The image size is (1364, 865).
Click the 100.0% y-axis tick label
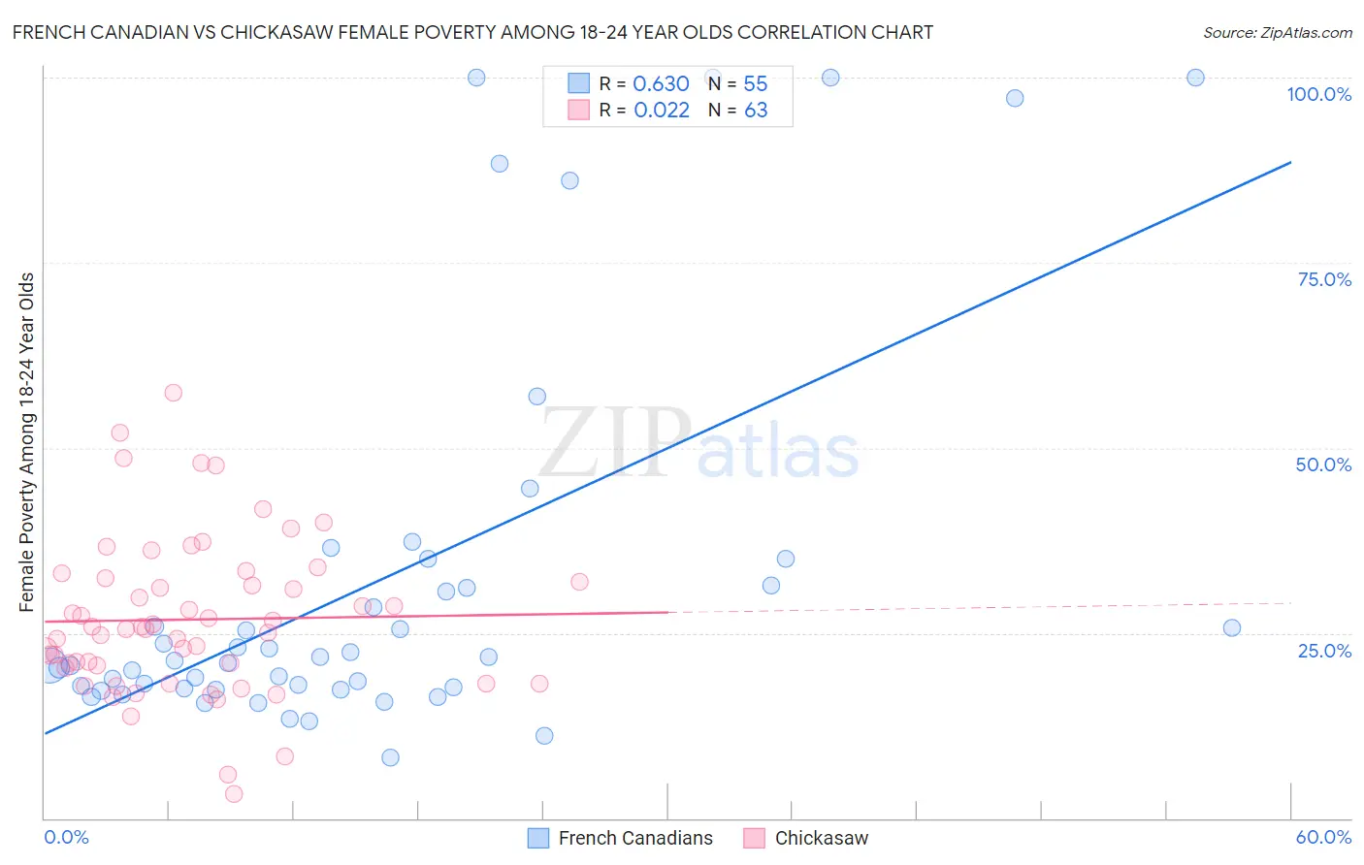1318,94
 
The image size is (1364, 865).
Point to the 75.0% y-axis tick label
1324,279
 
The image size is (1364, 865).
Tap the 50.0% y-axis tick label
1323,465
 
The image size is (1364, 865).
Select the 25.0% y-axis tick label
1324,650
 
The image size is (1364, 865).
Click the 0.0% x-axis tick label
66,837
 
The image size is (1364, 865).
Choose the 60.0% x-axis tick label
1323,837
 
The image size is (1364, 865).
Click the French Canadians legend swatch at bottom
538,838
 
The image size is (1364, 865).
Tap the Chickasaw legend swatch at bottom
755,838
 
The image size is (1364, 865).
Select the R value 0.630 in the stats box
661,83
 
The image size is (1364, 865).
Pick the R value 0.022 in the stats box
662,110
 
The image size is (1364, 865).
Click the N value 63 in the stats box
756,110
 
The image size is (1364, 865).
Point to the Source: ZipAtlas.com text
1277,32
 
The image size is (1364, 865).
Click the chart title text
472,32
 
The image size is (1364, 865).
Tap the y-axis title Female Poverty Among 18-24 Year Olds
26,442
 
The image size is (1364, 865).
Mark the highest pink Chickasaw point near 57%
174,393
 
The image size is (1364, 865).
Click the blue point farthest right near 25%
1232,627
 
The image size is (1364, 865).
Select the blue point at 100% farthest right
1195,78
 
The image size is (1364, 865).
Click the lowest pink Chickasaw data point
234,794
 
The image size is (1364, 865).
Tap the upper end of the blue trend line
1290,162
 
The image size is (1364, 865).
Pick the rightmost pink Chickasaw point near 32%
579,582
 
